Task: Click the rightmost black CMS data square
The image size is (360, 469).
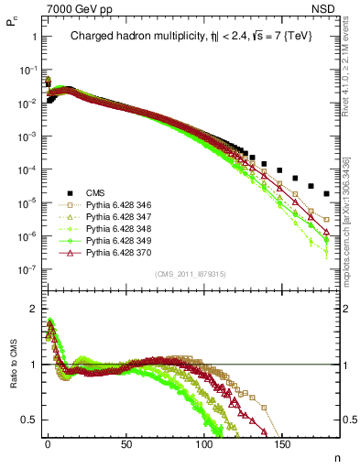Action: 327,193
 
